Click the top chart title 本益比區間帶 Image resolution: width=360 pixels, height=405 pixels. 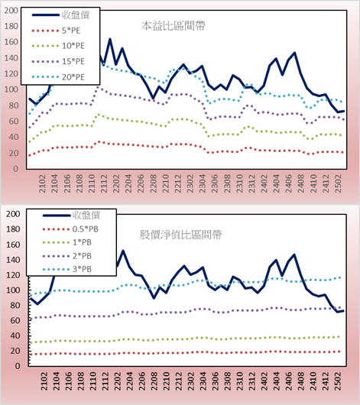tap(174, 26)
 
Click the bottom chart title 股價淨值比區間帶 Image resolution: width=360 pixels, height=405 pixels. tap(181, 235)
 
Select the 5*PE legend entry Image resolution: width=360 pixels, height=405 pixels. tap(71, 31)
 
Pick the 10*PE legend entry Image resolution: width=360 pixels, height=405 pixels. tap(73, 46)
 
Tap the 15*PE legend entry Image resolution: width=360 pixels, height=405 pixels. tap(73, 61)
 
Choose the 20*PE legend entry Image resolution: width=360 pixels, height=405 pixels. tap(73, 77)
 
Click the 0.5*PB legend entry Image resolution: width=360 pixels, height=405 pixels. tap(86, 229)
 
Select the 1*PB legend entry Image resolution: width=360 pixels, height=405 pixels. tap(83, 242)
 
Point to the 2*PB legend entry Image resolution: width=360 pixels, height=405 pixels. tap(83, 256)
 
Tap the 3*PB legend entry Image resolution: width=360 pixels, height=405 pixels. tap(83, 269)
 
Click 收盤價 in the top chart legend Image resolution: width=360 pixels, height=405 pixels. tap(76, 15)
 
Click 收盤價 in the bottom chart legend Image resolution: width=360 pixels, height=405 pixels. tap(86, 215)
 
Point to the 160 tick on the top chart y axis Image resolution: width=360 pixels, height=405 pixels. tap(11, 42)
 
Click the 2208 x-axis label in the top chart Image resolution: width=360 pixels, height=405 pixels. tap(154, 183)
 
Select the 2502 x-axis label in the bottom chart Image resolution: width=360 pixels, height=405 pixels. tap(339, 381)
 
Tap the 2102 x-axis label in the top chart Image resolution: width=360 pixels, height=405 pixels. tap(42, 183)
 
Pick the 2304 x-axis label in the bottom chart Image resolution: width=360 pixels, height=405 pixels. tap(203, 381)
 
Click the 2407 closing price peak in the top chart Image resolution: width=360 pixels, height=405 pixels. tap(294, 53)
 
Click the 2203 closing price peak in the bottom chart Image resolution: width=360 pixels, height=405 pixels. tap(123, 251)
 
